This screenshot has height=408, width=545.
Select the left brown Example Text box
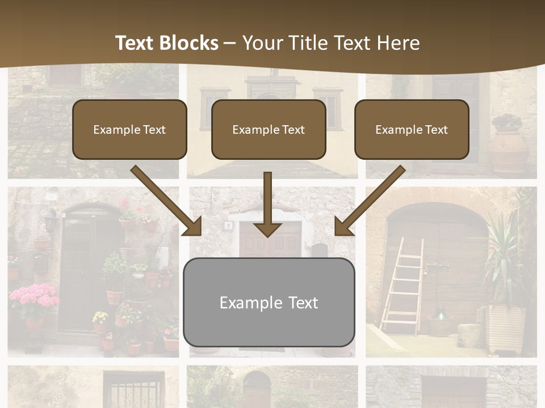(x=129, y=130)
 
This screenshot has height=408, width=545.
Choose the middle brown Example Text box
(x=269, y=130)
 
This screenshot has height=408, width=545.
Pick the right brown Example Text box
(x=412, y=130)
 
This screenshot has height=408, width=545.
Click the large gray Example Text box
(x=269, y=303)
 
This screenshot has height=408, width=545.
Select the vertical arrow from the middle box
(x=267, y=204)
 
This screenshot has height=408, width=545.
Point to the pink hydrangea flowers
(x=34, y=297)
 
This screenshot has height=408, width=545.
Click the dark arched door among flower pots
(x=79, y=272)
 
